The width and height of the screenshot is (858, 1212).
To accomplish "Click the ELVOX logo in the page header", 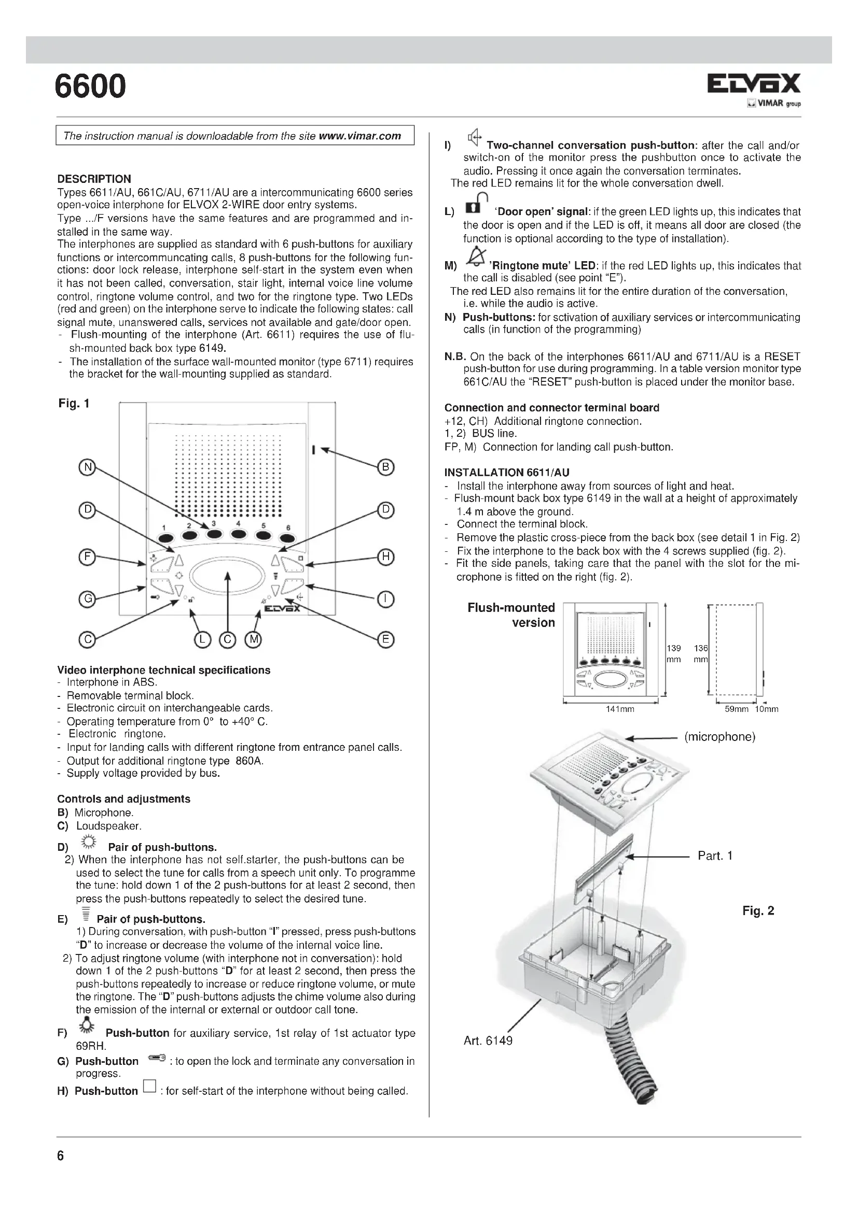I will (x=753, y=83).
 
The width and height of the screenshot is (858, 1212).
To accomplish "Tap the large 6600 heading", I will (x=90, y=86).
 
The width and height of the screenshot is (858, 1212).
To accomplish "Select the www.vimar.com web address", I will (x=360, y=136).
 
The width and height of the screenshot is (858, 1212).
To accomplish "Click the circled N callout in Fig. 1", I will (x=86, y=467).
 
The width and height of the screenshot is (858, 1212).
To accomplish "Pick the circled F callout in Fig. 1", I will (x=86, y=557).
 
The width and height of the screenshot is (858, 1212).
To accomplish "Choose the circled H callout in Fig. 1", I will (x=386, y=557).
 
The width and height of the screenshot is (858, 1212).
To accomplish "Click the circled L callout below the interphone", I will (x=202, y=640).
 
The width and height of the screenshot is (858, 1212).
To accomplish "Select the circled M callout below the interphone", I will (x=254, y=640).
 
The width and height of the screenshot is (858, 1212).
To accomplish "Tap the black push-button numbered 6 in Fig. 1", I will (x=287, y=538).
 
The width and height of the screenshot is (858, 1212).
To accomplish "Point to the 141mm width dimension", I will (x=620, y=709).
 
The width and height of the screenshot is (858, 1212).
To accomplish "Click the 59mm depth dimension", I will (x=736, y=709).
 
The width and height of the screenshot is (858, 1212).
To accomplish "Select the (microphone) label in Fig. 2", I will (x=719, y=737).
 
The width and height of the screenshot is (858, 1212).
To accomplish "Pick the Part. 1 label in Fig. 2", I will (x=715, y=855).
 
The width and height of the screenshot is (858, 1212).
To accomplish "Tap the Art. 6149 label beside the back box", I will (x=488, y=1040).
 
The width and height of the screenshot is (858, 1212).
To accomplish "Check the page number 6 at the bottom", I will (x=60, y=1156).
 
